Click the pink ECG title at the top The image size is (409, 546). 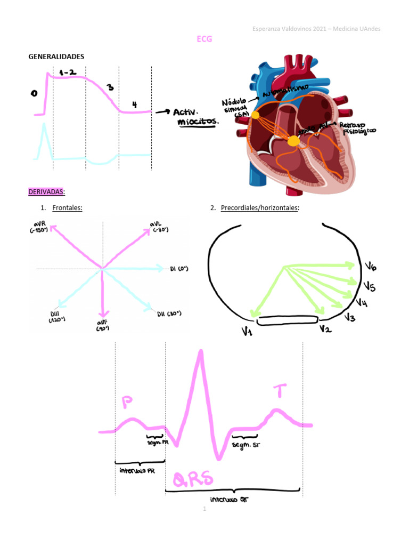[204, 39]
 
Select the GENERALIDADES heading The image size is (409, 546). [56, 57]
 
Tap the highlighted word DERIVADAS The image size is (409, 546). [45, 191]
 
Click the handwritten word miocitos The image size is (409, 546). [198, 122]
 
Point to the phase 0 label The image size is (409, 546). [34, 93]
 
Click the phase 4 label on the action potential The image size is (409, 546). [134, 105]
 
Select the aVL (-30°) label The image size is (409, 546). [159, 226]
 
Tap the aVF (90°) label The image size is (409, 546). [102, 326]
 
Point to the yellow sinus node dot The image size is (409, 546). [256, 115]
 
